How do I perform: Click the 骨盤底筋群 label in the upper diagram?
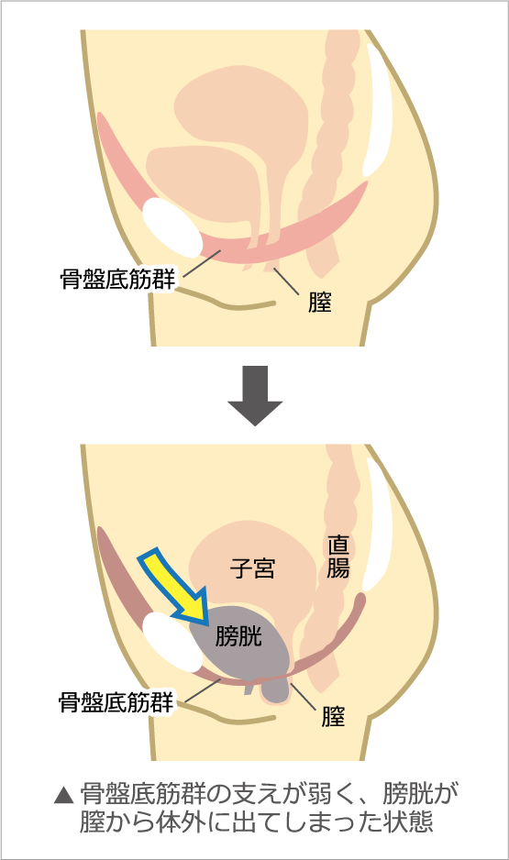[117, 279]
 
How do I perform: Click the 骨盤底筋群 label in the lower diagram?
[116, 702]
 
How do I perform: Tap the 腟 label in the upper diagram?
[320, 303]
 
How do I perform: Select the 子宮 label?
[253, 568]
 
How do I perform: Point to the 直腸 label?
[337, 557]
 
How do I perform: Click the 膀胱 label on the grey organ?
[238, 635]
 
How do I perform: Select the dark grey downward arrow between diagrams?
[255, 395]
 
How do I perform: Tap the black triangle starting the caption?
[63, 795]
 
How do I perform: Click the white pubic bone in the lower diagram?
[172, 642]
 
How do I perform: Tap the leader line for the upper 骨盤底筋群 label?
[201, 264]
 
